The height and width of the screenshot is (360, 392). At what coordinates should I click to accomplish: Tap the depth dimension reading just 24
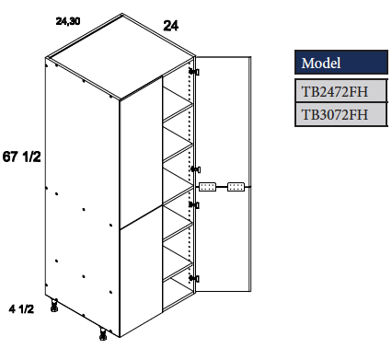(170, 26)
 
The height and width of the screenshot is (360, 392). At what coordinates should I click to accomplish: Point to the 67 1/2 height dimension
(23, 157)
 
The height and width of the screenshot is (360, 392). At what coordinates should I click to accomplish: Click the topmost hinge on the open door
(193, 72)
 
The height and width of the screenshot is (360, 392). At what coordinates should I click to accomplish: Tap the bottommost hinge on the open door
(193, 276)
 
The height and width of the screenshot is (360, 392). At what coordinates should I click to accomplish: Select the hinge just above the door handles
(193, 169)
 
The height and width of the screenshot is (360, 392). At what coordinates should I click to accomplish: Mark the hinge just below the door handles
(193, 204)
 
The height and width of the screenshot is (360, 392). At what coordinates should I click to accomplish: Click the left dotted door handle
(208, 186)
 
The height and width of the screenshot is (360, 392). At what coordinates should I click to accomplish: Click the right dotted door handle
(236, 186)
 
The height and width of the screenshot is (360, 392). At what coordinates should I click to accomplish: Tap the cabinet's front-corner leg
(101, 333)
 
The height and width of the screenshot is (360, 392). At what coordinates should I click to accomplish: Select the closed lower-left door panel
(141, 276)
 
